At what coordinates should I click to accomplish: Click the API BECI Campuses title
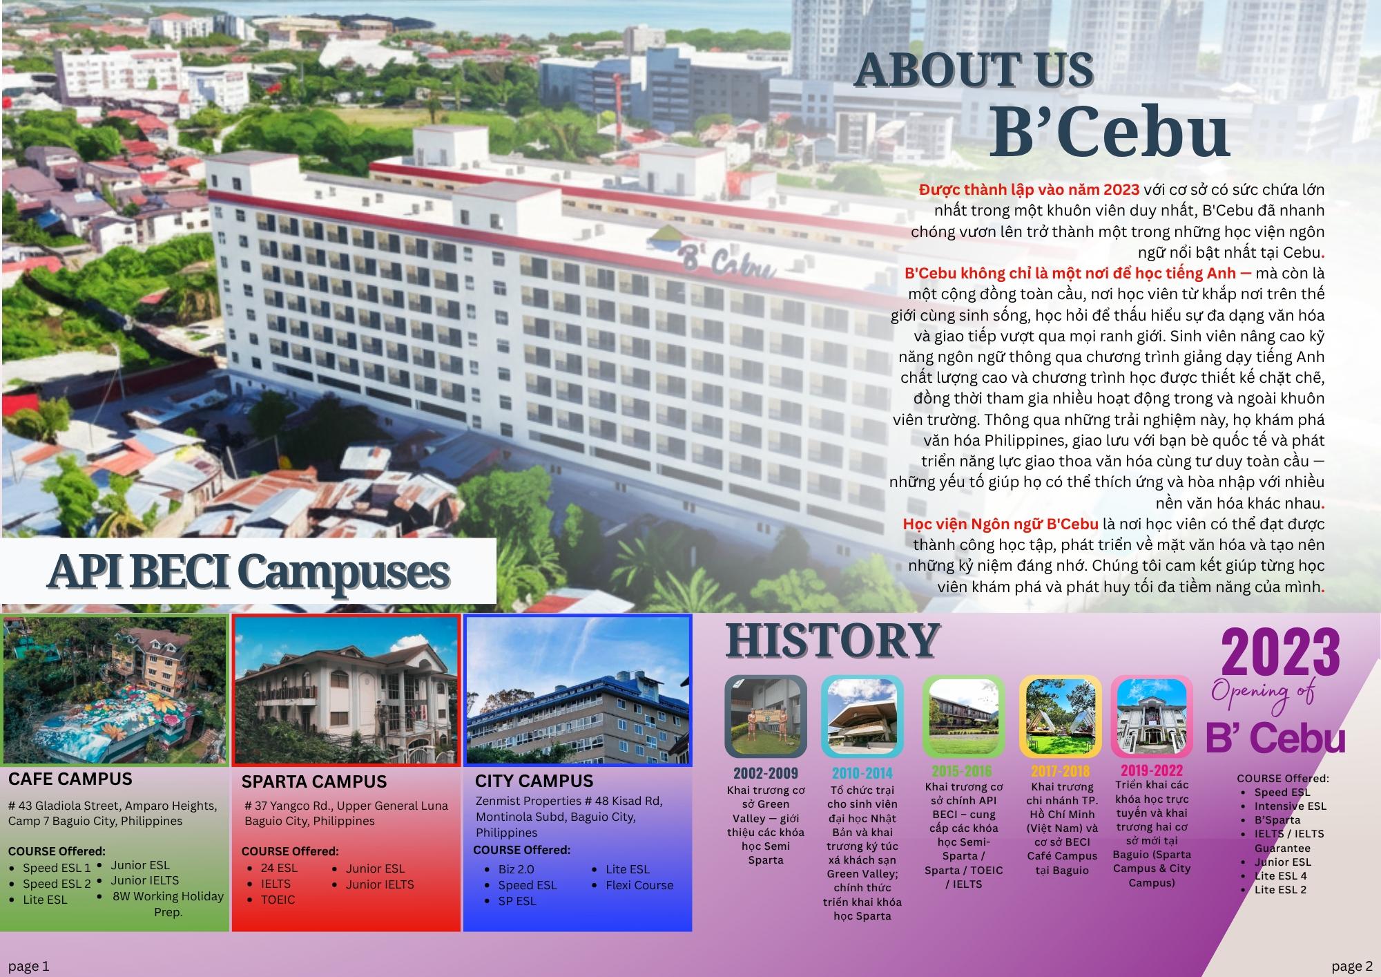(x=248, y=573)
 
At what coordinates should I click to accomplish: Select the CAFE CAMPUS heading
(x=70, y=779)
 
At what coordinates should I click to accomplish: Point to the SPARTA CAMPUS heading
(x=314, y=781)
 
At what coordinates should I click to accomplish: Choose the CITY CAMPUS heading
(x=534, y=781)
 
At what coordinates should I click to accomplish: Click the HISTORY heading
(x=833, y=641)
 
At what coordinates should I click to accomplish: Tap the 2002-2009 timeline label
(x=766, y=773)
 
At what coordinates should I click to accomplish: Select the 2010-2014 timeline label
(x=862, y=773)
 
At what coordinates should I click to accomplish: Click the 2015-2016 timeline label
(x=963, y=770)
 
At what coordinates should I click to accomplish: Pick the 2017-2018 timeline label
(x=1061, y=770)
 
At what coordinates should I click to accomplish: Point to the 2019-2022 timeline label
(x=1152, y=770)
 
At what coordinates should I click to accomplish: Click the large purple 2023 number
(x=1281, y=652)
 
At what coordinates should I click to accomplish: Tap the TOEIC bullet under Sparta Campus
(x=278, y=900)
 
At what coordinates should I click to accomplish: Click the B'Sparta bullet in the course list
(x=1277, y=820)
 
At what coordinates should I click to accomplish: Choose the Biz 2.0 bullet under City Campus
(x=516, y=869)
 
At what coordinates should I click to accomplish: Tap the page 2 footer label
(x=1352, y=966)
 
